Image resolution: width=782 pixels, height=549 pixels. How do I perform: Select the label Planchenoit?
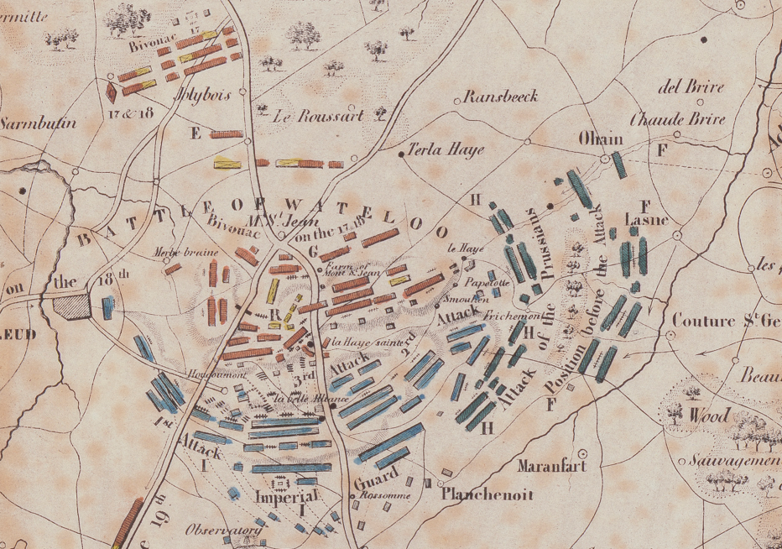[x=487, y=494]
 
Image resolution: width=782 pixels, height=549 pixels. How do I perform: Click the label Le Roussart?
[x=319, y=116]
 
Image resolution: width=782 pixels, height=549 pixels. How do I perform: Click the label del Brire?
[x=692, y=87]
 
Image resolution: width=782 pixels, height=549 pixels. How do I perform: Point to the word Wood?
[x=709, y=416]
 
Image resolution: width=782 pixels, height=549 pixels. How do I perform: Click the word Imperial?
[x=285, y=497]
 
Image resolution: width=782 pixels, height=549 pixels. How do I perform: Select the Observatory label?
[x=214, y=531]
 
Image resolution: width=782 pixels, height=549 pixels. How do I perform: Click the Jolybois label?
[x=202, y=95]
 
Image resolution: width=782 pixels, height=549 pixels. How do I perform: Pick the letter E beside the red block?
[x=196, y=133]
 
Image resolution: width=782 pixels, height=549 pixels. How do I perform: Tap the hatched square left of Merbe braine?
[x=71, y=306]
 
